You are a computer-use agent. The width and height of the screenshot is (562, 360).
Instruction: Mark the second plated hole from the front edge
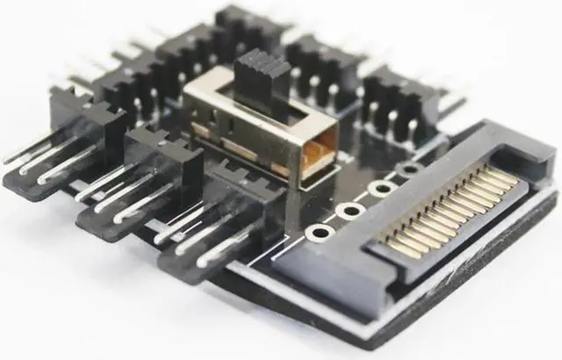(349, 211)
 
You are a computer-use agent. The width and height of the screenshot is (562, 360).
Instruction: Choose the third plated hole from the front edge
(379, 188)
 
